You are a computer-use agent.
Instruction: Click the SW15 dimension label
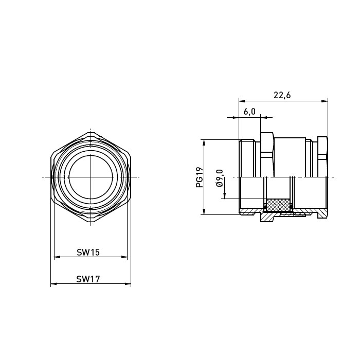88,253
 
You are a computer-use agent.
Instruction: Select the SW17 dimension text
88,279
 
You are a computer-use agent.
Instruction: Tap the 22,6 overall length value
282,95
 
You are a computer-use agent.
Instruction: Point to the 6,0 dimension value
249,112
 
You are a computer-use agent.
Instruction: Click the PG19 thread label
200,177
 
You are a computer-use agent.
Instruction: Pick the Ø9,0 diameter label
220,178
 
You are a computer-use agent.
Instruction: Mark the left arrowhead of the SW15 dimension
57,257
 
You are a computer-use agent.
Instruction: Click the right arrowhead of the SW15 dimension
124,257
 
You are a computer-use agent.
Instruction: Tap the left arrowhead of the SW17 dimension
53,284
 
